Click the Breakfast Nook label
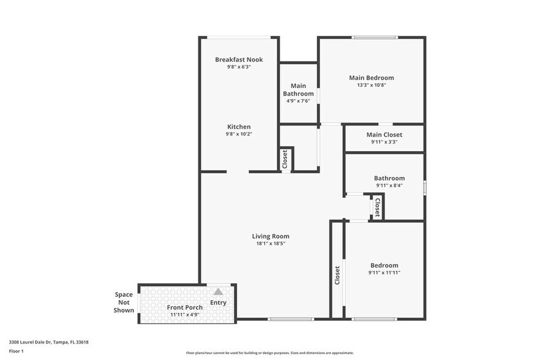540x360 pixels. coord(239,59)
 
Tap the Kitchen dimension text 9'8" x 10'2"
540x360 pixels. coord(239,133)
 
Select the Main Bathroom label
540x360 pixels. coord(298,89)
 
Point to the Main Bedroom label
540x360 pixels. coord(371,78)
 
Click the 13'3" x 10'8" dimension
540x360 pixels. coord(371,85)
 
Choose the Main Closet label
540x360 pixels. coord(384,135)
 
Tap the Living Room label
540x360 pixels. coord(271,236)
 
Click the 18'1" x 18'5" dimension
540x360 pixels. coord(271,244)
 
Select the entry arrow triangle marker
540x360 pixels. coord(218,292)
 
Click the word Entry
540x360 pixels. coord(218,302)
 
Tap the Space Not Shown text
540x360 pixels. coord(124,302)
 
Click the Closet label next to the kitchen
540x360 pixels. coord(285,159)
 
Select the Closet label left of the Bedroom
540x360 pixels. coord(337,275)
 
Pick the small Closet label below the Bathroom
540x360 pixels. coord(377,207)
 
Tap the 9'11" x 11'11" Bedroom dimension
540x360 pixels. coord(384,272)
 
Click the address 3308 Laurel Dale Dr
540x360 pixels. coord(48,342)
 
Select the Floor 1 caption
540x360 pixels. coord(16,351)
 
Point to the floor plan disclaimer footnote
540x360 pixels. coord(270,353)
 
